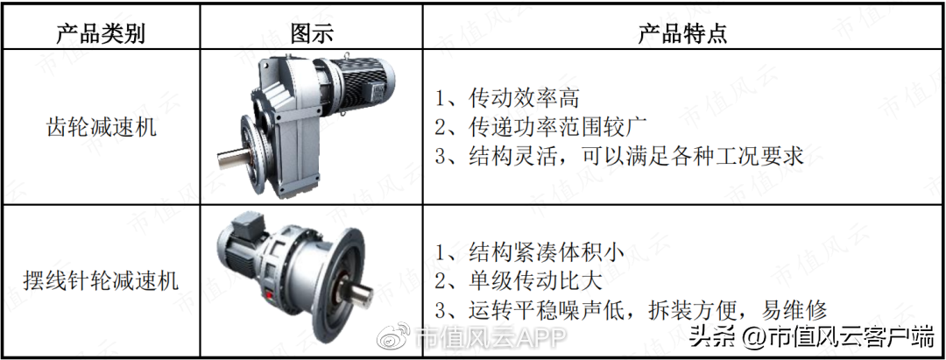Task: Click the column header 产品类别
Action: (101, 34)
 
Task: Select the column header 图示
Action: (311, 34)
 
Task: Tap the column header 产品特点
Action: (683, 34)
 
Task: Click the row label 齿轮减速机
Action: (102, 128)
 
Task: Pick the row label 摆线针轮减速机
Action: (102, 280)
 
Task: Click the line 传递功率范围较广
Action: (540, 127)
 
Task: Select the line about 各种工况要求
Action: (619, 156)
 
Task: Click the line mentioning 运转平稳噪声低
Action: (631, 311)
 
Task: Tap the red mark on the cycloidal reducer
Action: (269, 295)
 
